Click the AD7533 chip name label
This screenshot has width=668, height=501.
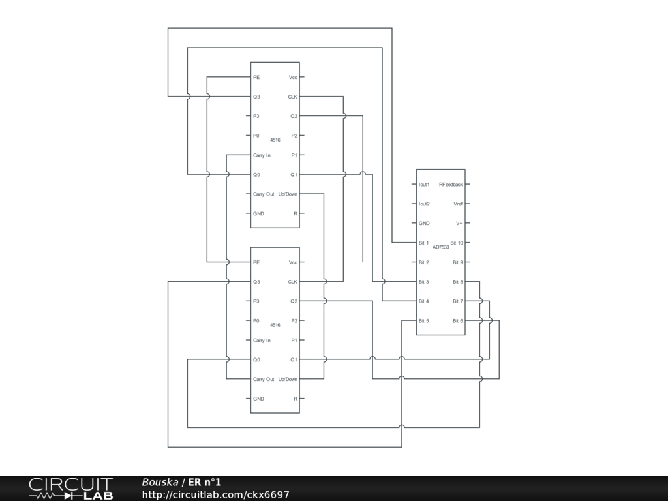(x=441, y=247)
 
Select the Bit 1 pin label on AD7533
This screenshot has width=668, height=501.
(x=423, y=243)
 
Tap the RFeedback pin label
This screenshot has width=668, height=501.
(x=451, y=185)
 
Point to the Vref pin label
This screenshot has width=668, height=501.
(x=458, y=204)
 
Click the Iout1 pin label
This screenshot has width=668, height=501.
(x=424, y=185)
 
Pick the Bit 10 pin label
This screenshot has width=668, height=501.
(x=457, y=243)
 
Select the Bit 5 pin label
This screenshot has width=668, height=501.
(x=423, y=321)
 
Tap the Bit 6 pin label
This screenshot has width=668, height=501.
(x=458, y=321)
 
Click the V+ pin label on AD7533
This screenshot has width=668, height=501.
(x=459, y=223)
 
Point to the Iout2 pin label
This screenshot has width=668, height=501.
(x=424, y=204)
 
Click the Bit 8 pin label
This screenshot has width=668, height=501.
(x=458, y=282)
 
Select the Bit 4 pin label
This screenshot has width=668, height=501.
(x=423, y=301)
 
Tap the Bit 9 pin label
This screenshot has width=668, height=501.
(x=458, y=262)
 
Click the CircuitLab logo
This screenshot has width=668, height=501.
(x=70, y=489)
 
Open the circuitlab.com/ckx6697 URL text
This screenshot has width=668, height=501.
(x=215, y=495)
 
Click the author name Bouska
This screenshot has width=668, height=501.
(x=160, y=482)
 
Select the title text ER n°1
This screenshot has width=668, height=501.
(x=205, y=482)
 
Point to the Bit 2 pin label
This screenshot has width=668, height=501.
(x=423, y=262)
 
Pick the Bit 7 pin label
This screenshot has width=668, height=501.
(x=458, y=301)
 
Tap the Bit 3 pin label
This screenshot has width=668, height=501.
(x=423, y=282)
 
